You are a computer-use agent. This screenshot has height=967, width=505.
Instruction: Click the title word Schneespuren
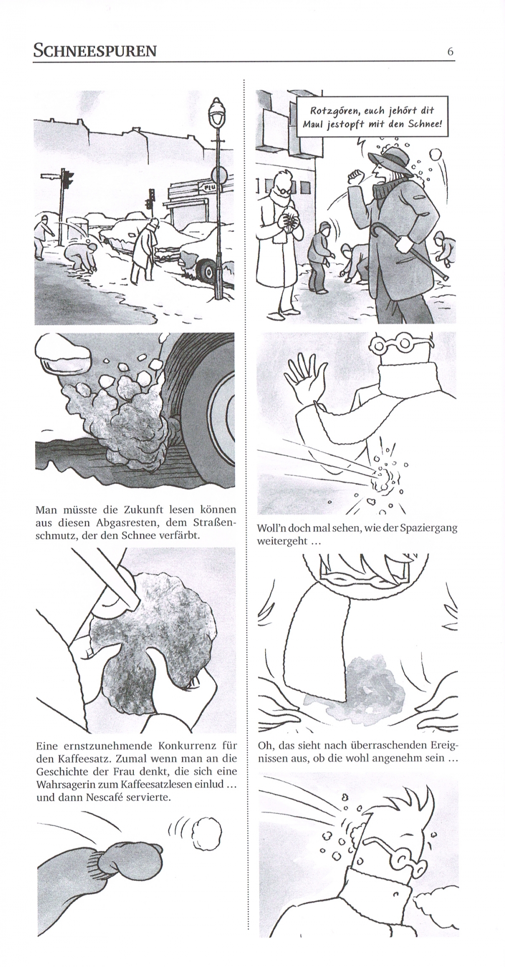click(x=94, y=50)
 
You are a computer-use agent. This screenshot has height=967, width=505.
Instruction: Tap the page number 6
click(x=450, y=51)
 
